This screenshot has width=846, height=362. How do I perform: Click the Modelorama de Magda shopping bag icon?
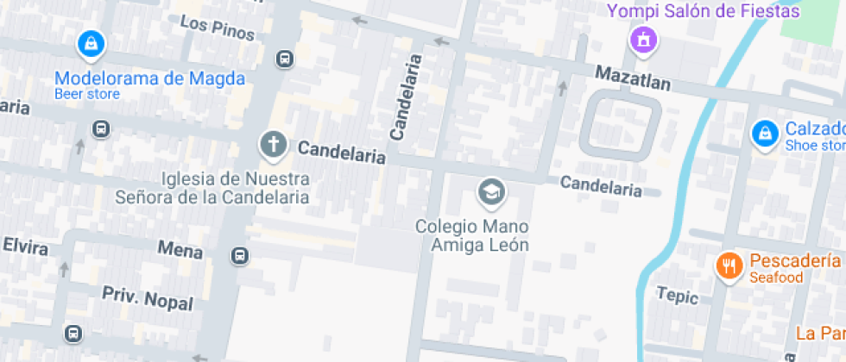91,43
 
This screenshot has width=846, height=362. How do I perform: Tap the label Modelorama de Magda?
149,78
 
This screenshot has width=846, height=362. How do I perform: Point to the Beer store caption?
86,94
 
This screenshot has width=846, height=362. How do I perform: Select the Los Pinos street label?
218,28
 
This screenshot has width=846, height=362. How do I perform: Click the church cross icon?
273,144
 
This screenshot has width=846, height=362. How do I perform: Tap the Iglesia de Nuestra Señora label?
212,188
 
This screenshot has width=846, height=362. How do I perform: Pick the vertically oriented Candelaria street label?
407,97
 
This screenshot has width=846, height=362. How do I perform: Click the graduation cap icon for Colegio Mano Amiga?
492,191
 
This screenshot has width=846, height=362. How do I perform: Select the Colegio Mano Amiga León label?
471,235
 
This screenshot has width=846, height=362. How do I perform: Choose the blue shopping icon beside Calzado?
764,133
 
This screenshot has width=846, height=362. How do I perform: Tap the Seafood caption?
776,278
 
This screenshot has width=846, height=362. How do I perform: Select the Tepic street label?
676,296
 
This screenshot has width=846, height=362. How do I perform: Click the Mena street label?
180,250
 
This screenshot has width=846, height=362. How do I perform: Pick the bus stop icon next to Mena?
239,256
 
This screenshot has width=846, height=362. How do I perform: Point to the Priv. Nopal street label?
148,297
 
